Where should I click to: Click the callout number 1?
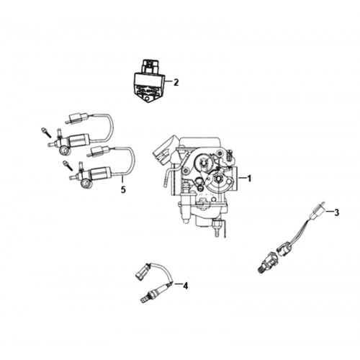[x=249, y=179]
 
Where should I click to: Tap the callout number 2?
[x=176, y=83]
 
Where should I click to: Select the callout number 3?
[x=337, y=212]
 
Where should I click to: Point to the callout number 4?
[x=185, y=286]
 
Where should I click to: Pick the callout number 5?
[x=123, y=189]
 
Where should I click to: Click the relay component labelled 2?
[x=149, y=81]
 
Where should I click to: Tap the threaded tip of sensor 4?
[x=144, y=300]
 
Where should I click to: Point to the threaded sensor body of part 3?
[x=269, y=261]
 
